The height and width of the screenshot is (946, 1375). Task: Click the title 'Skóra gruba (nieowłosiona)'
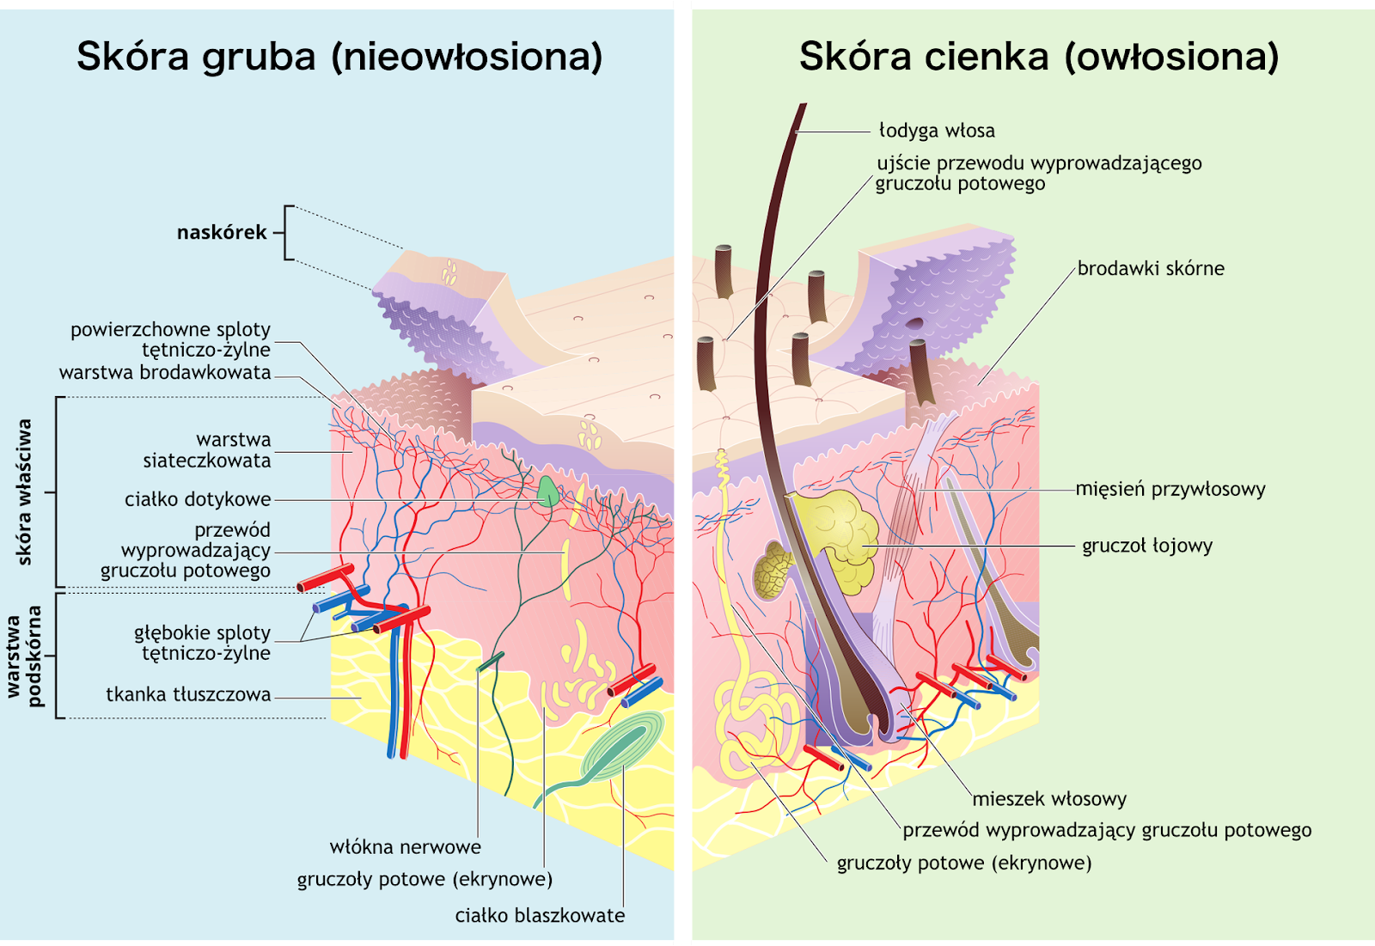pyautogui.click(x=339, y=57)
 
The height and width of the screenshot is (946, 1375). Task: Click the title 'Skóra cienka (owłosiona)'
pyautogui.click(x=1039, y=57)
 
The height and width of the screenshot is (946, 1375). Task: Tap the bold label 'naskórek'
pyautogui.click(x=222, y=232)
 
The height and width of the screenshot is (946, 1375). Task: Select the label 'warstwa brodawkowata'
pyautogui.click(x=165, y=372)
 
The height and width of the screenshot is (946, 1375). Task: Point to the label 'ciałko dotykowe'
pyautogui.click(x=198, y=499)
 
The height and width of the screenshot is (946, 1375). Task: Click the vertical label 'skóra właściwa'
pyautogui.click(x=24, y=491)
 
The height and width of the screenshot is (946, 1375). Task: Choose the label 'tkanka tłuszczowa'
pyautogui.click(x=188, y=694)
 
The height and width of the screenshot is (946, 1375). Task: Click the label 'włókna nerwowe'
pyautogui.click(x=405, y=847)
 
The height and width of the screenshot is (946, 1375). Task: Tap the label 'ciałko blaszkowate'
pyautogui.click(x=540, y=916)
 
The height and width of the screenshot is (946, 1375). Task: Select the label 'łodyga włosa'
pyautogui.click(x=937, y=131)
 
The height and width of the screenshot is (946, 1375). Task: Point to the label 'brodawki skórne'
pyautogui.click(x=1151, y=269)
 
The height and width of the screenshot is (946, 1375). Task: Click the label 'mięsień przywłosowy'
pyautogui.click(x=1170, y=489)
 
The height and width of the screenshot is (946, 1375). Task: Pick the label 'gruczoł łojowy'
pyautogui.click(x=1147, y=546)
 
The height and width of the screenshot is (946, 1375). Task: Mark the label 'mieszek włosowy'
pyautogui.click(x=1049, y=799)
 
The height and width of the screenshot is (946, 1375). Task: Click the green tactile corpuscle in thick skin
pyautogui.click(x=547, y=491)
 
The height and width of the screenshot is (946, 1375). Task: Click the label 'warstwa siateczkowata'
pyautogui.click(x=206, y=450)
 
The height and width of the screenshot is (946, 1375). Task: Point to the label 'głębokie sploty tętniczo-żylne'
pyautogui.click(x=202, y=643)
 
